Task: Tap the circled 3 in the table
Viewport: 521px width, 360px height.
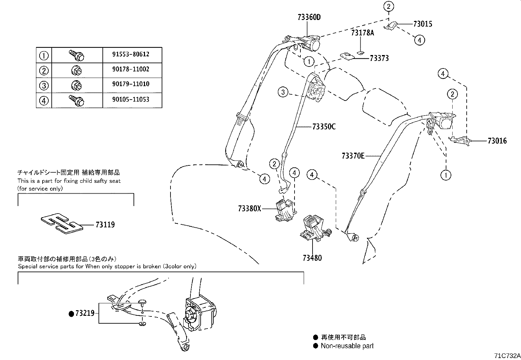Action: coord(44,85)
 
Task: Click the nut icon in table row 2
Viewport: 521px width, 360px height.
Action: coord(77,70)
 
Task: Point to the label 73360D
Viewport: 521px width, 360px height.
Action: coord(309,17)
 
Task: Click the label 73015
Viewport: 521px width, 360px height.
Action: coord(422,24)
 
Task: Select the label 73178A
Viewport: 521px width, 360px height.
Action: coord(362,33)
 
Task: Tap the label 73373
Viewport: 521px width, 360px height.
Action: coord(379,58)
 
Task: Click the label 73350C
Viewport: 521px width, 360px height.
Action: coord(324,126)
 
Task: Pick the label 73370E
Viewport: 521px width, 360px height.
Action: coord(353,156)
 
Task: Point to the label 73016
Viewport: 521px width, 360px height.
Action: coord(497,141)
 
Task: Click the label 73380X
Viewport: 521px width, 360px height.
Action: coord(249,208)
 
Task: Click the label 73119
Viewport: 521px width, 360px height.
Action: coord(105,225)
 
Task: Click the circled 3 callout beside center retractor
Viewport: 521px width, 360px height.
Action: coord(283,92)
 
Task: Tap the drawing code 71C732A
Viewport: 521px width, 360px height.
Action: coord(507,356)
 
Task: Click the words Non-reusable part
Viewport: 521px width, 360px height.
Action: coord(347,346)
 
